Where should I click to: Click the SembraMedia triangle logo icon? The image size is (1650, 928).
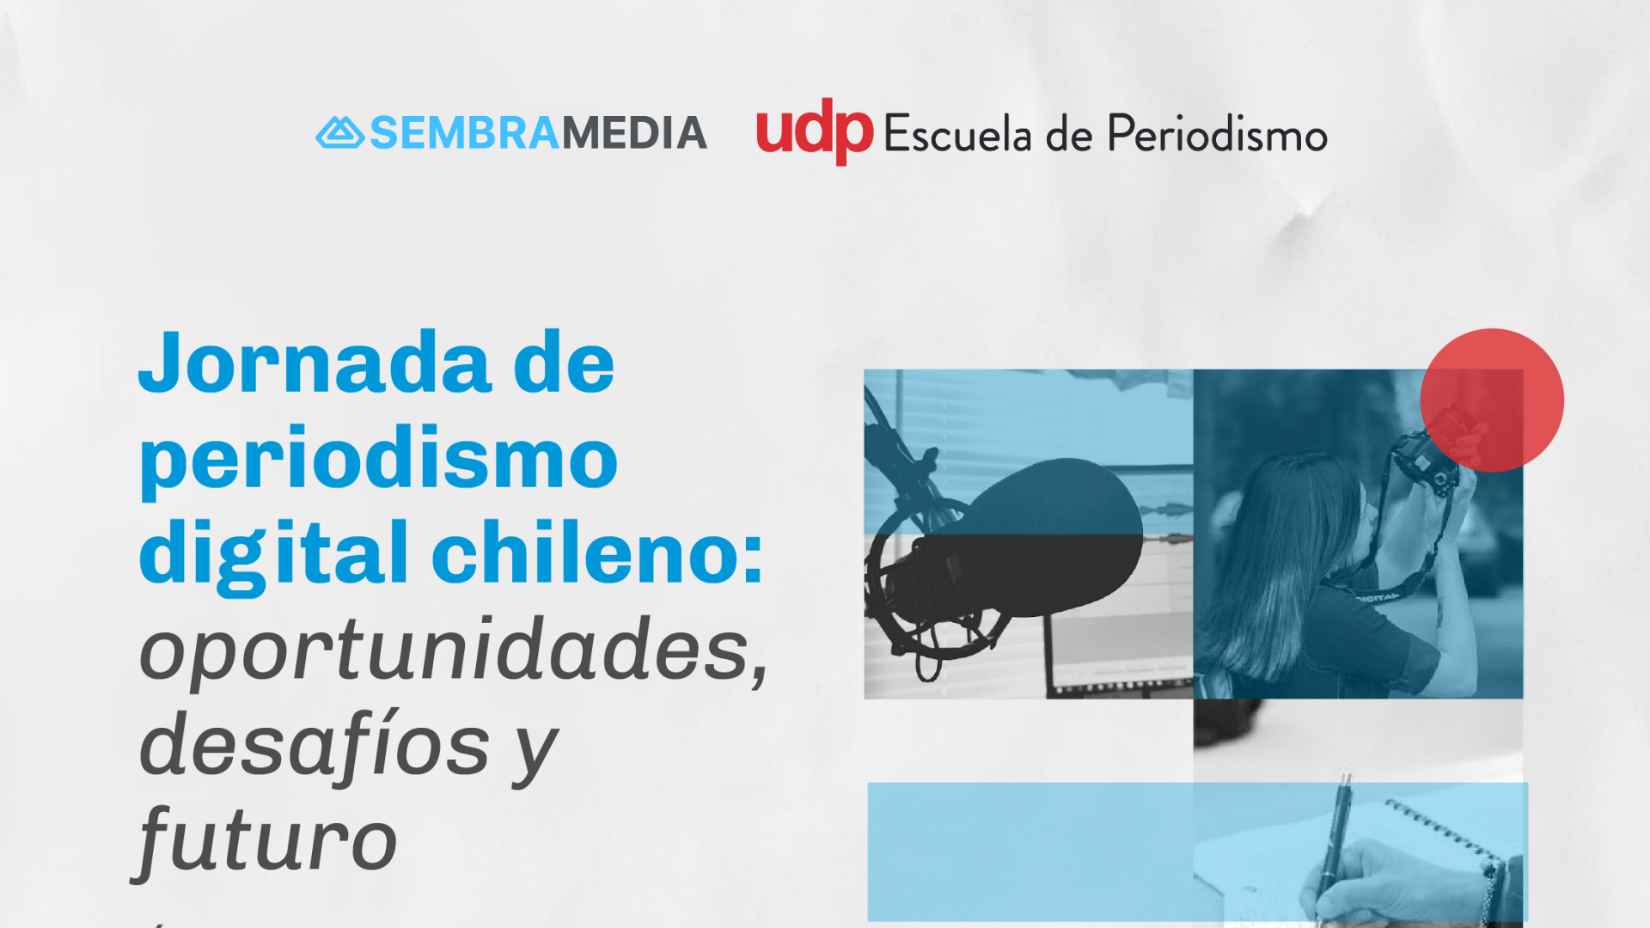point(340,133)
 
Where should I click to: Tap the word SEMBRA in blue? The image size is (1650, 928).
point(465,133)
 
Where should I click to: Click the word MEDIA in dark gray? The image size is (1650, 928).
point(634,133)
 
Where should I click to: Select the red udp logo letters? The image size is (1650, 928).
point(815,131)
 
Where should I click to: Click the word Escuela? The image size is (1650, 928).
point(957,134)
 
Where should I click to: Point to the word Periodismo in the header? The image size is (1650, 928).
point(1218,134)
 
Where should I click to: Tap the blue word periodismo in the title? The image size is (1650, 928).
point(378,461)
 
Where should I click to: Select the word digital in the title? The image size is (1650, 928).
point(274,553)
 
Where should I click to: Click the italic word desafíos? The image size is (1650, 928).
point(315,744)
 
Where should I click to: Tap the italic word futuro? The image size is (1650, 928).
point(266,840)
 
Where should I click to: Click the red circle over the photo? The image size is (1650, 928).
point(1492,400)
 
